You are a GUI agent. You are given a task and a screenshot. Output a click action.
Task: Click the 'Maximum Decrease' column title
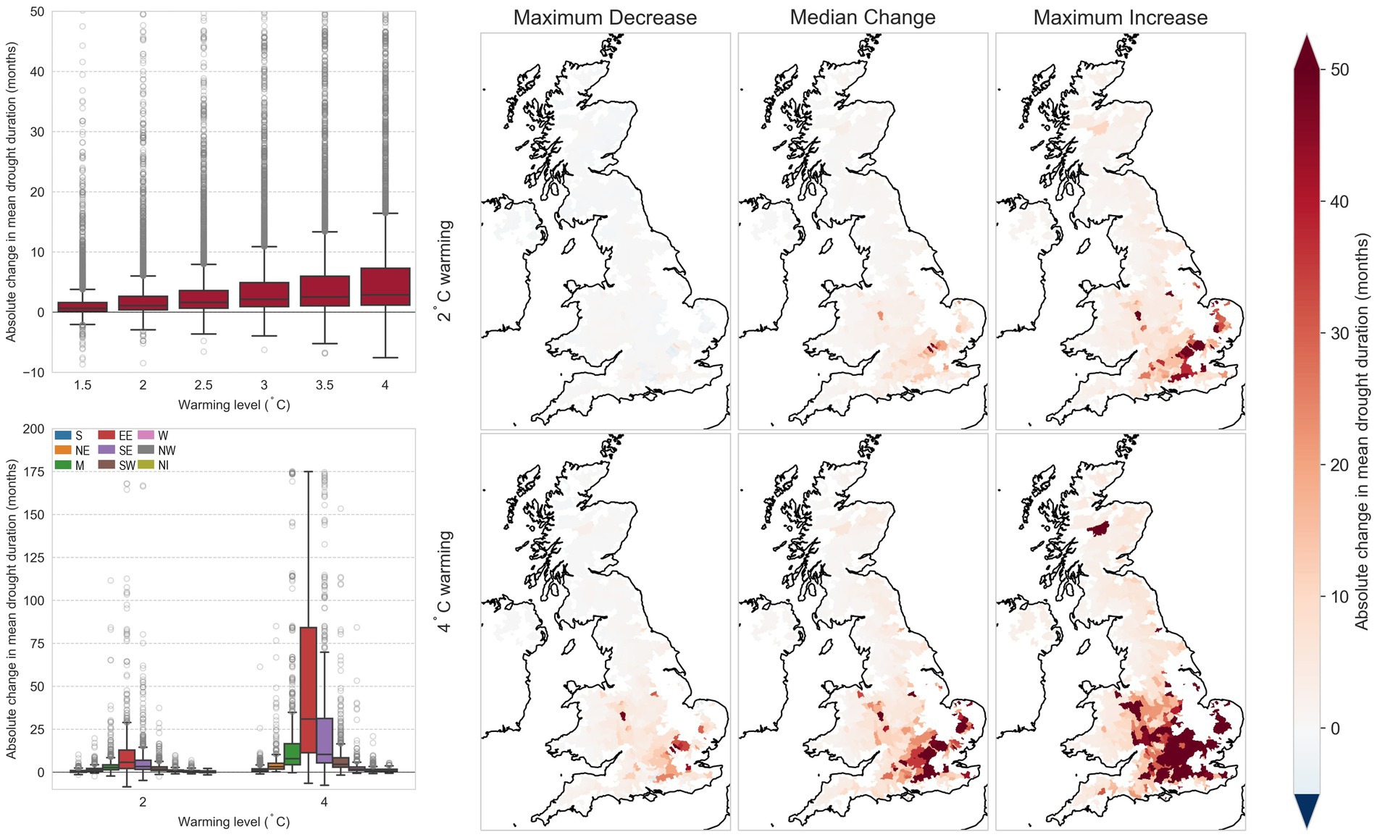(x=605, y=17)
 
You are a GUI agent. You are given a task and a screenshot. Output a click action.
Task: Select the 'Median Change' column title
(x=862, y=17)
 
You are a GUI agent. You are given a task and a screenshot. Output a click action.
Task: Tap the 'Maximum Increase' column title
(x=1120, y=17)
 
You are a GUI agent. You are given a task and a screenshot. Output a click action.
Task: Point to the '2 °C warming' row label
(x=444, y=271)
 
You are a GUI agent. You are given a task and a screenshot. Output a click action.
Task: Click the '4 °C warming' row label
(x=444, y=581)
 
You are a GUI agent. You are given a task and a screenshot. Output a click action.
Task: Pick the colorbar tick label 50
(x=1339, y=70)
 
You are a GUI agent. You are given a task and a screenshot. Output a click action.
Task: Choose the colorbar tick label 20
(x=1339, y=466)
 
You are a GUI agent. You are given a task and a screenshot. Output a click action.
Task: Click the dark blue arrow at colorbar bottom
(x=1307, y=809)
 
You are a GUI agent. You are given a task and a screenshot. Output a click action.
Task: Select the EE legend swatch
(x=106, y=436)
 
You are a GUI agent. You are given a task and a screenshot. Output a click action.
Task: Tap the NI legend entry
(x=154, y=466)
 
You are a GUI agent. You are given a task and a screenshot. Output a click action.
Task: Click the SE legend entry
(x=115, y=450)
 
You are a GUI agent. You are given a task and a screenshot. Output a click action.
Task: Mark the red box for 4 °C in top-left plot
(x=385, y=287)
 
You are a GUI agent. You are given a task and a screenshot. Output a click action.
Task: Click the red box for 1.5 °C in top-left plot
(x=83, y=307)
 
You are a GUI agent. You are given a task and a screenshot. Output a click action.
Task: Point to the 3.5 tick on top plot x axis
(x=325, y=385)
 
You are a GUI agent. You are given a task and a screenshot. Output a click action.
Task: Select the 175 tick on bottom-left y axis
(x=34, y=472)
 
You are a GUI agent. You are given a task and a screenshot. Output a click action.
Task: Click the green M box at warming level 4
(x=292, y=754)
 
